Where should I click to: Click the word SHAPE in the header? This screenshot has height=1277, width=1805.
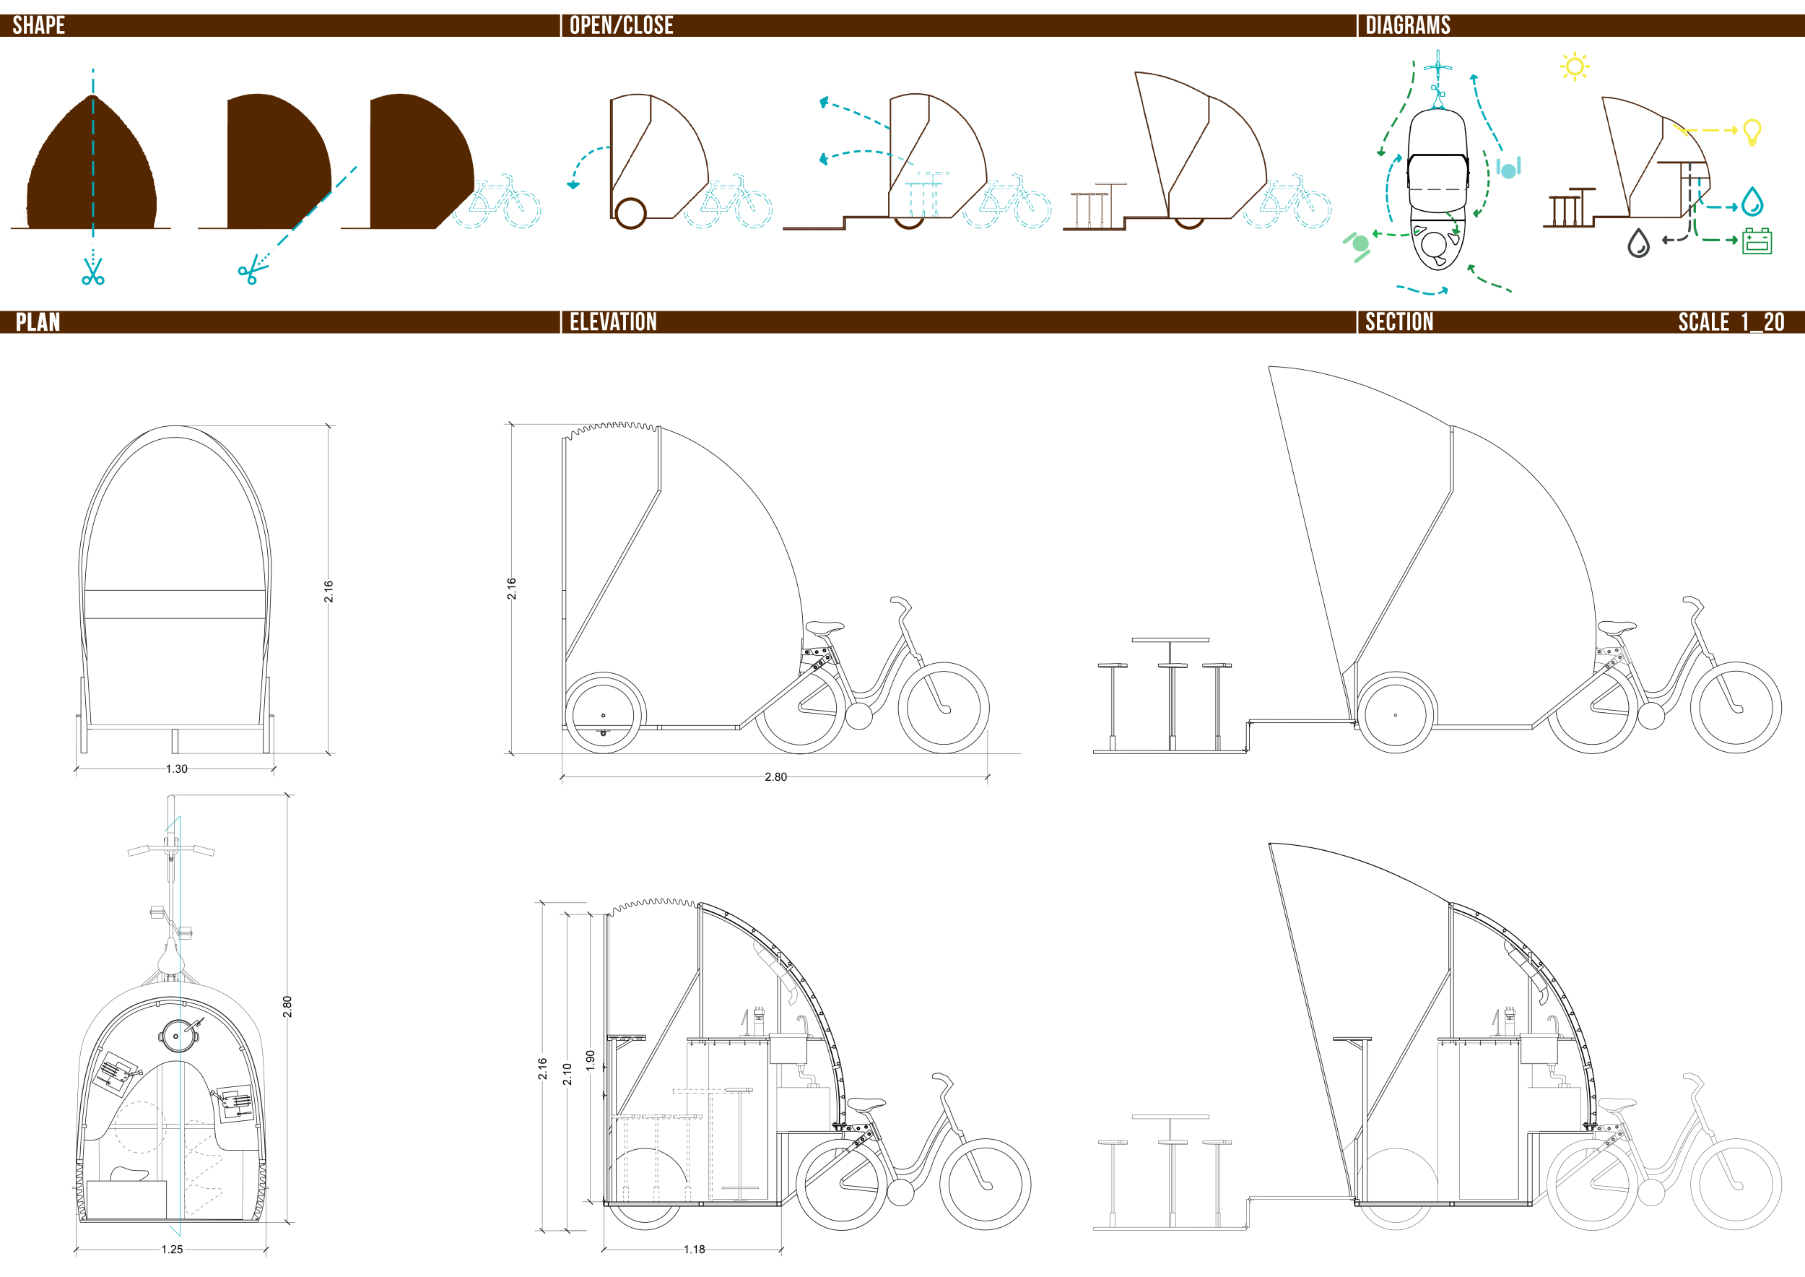(38, 25)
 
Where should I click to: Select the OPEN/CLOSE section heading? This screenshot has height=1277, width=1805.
(621, 25)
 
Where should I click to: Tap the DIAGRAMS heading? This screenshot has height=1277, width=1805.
(1407, 25)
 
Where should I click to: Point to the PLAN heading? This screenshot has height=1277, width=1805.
(38, 321)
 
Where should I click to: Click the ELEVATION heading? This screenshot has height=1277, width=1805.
(613, 321)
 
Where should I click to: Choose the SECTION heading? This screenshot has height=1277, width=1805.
(1399, 321)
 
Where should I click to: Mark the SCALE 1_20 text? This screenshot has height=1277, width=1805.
(1731, 321)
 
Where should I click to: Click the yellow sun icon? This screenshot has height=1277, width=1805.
(1574, 66)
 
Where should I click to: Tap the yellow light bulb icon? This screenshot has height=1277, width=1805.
(1752, 132)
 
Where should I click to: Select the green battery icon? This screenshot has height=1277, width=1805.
(1757, 241)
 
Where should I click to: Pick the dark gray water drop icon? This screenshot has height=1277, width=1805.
(1638, 243)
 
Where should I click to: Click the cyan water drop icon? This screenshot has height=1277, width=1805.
(1752, 202)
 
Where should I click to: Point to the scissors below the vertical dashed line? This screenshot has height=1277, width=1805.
(92, 271)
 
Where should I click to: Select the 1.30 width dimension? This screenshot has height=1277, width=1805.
(177, 769)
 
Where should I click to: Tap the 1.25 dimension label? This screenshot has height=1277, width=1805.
(172, 1250)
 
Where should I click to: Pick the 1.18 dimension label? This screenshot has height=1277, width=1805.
(694, 1250)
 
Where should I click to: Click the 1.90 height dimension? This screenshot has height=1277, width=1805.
(591, 1061)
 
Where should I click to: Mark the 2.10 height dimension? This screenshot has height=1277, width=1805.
(567, 1074)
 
